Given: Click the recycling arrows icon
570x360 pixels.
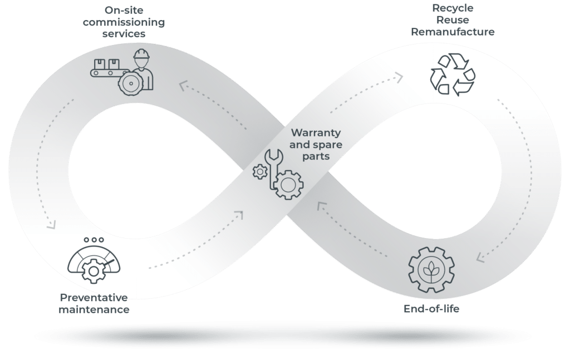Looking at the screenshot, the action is coord(453,75).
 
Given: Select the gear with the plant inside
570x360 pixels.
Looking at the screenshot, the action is coord(431,270).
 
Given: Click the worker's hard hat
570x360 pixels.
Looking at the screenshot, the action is coord(141,54).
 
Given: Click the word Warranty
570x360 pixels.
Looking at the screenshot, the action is coord(316,132).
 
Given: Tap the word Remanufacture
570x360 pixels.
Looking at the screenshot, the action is coord(453,32).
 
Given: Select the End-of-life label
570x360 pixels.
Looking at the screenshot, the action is coord(431,309).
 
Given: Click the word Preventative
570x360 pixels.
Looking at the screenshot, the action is coord(94,298).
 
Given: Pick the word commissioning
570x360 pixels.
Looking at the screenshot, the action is coord(124,22).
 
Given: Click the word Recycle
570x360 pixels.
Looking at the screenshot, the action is coord(453,8).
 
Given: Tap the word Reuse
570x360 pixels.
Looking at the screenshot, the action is coord(453,20).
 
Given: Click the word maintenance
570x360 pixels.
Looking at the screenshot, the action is coord(94,309).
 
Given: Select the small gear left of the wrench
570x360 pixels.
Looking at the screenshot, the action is coord(260,171).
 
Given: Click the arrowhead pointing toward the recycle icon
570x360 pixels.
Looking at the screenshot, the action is coord(400,77).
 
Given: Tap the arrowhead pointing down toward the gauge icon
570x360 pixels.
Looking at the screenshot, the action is coord(52,225).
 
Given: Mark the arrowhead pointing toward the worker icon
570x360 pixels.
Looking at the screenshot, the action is coord(183,86).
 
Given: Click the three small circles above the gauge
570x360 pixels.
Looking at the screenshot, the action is coord(94,240).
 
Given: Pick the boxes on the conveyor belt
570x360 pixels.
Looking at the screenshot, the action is coord(106,64).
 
